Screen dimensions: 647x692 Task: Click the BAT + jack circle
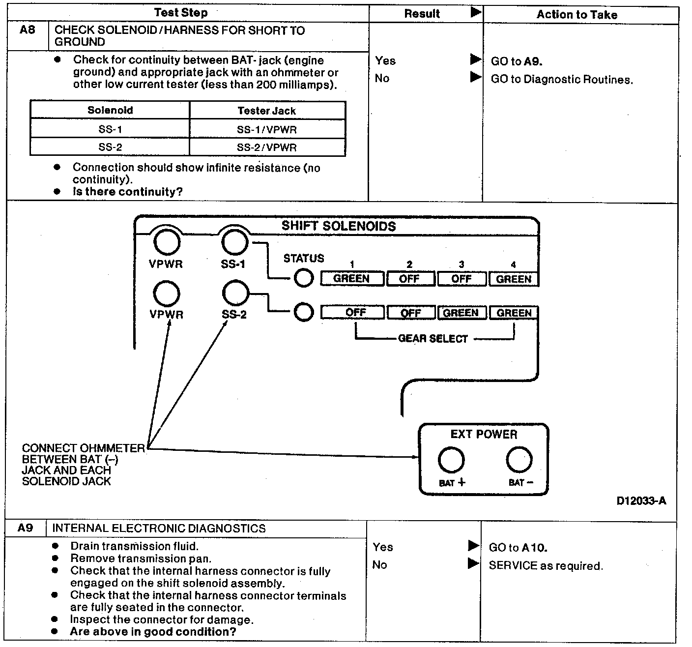(451, 460)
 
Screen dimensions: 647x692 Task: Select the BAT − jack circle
(519, 460)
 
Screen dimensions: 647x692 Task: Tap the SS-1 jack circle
(235, 242)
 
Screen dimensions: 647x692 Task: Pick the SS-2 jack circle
(236, 294)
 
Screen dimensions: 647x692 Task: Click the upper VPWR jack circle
(167, 242)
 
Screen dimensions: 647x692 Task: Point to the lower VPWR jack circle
(167, 294)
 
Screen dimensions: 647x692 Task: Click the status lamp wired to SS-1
(304, 278)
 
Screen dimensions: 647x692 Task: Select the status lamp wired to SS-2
(304, 312)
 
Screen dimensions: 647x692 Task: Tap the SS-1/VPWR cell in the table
(267, 130)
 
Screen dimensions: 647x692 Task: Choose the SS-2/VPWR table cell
(267, 147)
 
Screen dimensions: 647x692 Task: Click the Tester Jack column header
(267, 111)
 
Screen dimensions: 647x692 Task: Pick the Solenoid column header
(110, 110)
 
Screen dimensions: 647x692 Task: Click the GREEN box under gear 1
(352, 279)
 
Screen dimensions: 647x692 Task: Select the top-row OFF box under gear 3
(461, 279)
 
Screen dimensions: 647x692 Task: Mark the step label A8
(28, 30)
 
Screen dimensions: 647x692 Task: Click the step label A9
(25, 528)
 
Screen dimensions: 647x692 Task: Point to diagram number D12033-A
(641, 501)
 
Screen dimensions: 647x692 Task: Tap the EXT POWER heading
(484, 434)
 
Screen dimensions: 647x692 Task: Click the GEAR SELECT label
(433, 339)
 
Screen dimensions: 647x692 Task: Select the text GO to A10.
(518, 548)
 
